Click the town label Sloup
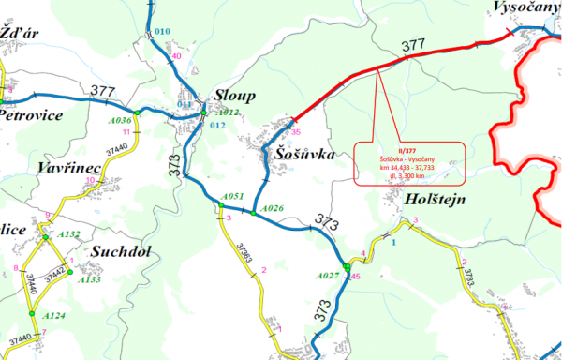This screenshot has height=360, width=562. [x=235, y=97]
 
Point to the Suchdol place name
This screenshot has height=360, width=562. [x=123, y=251]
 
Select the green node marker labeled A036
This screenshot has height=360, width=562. [x=137, y=113]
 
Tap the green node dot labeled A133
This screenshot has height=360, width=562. [x=69, y=272]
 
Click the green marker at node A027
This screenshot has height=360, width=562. [x=347, y=270]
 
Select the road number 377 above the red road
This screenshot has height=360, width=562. [x=412, y=45]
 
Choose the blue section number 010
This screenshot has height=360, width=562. [x=163, y=32]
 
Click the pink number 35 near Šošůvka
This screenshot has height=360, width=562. [x=295, y=132]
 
